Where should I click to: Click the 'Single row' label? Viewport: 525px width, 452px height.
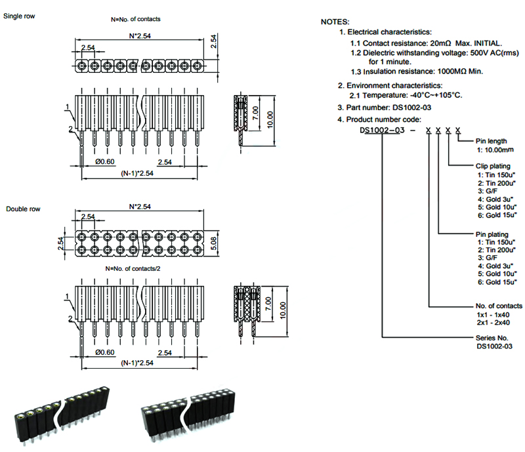pos(19,16)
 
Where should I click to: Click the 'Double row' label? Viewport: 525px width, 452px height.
pos(23,209)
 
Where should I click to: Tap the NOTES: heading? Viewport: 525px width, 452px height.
pos(335,22)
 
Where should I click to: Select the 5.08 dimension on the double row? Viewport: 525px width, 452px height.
pos(214,243)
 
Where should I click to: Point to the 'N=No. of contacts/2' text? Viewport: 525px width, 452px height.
pos(133,268)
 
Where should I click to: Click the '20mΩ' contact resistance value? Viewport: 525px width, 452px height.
pos(440,43)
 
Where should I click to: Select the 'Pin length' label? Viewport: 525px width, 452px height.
pos(491,141)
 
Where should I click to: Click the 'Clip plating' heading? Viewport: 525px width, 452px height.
pos(493,166)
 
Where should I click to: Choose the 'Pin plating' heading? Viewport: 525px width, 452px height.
pos(492,234)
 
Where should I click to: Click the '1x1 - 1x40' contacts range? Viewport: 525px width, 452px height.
pos(493,315)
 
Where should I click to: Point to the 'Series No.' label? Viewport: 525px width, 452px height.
pos(492,338)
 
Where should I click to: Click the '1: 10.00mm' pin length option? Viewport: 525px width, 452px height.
pos(495,150)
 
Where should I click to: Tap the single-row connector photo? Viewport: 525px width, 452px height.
pos(62,415)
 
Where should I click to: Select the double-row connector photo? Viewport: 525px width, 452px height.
pos(188,415)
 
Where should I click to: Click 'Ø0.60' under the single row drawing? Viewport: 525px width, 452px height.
pos(105,161)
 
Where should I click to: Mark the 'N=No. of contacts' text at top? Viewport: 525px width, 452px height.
pos(136,19)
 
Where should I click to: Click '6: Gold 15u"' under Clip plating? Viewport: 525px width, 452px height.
pos(497,215)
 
